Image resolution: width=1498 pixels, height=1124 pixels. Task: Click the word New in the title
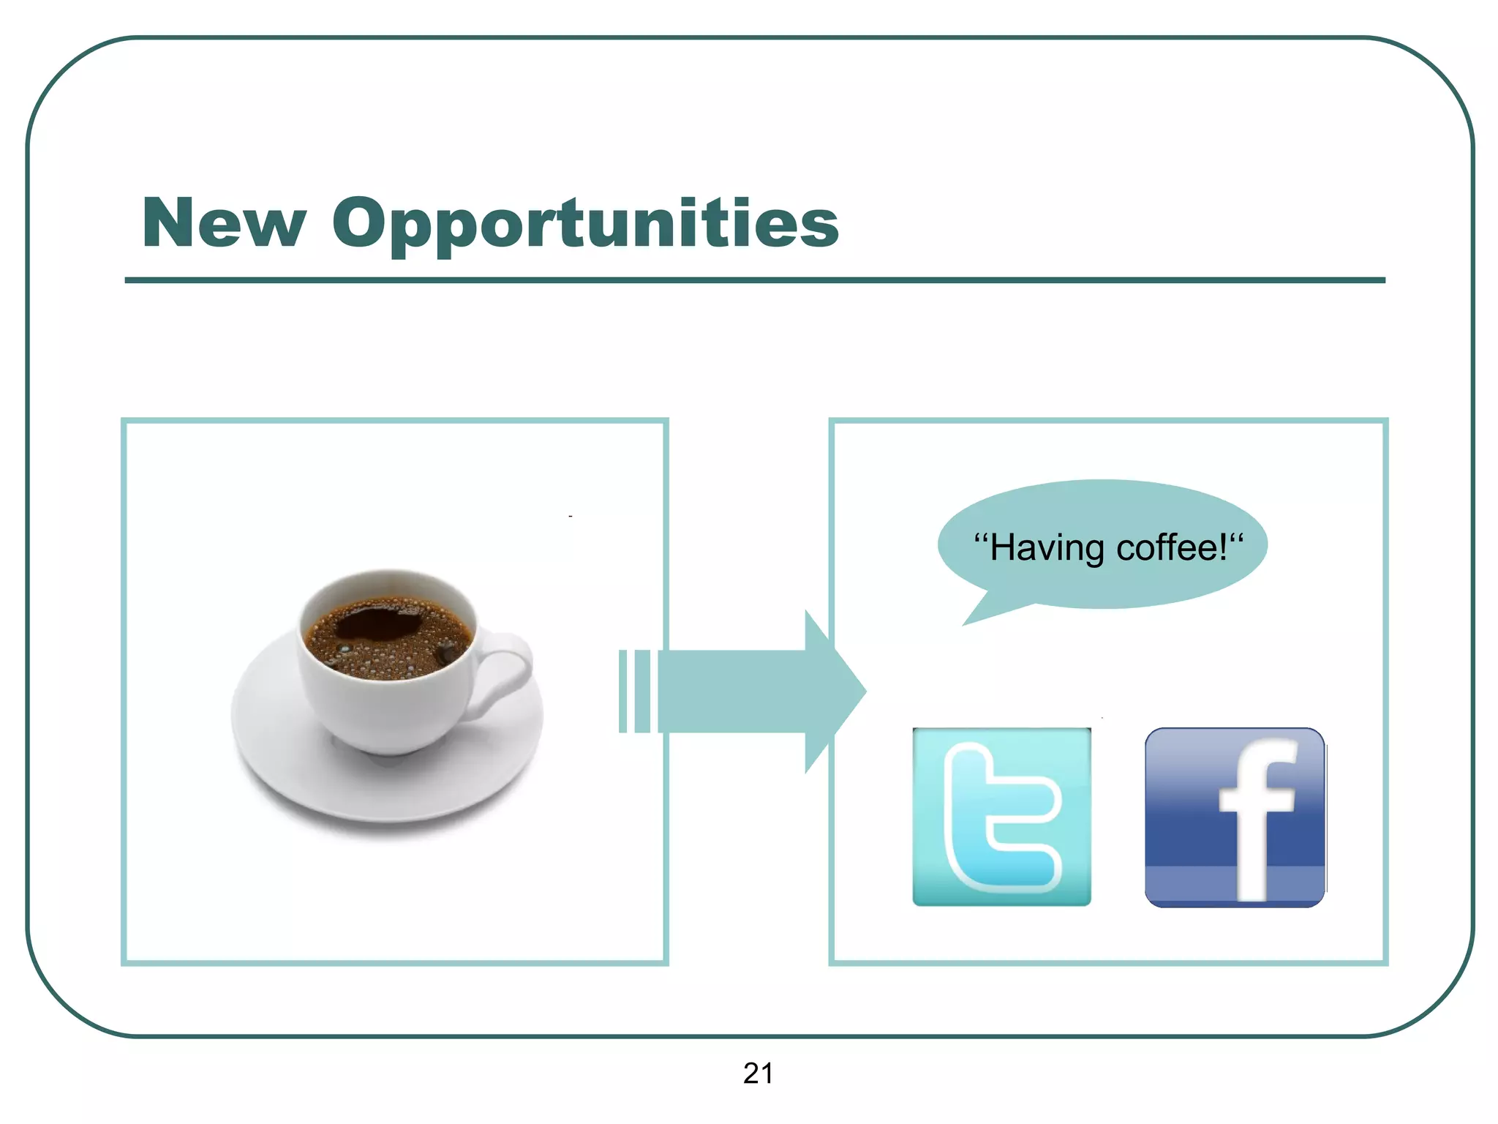point(224,223)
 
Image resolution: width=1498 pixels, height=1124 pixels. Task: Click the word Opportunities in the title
point(585,223)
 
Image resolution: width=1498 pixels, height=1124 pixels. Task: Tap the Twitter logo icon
point(1001,817)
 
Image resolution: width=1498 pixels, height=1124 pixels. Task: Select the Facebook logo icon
point(1235,817)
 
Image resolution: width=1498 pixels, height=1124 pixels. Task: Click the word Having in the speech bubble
point(1047,548)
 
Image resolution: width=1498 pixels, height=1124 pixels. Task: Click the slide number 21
point(758,1074)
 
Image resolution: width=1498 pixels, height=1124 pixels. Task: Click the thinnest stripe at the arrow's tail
point(622,691)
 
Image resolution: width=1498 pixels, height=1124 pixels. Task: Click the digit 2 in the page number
point(751,1074)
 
